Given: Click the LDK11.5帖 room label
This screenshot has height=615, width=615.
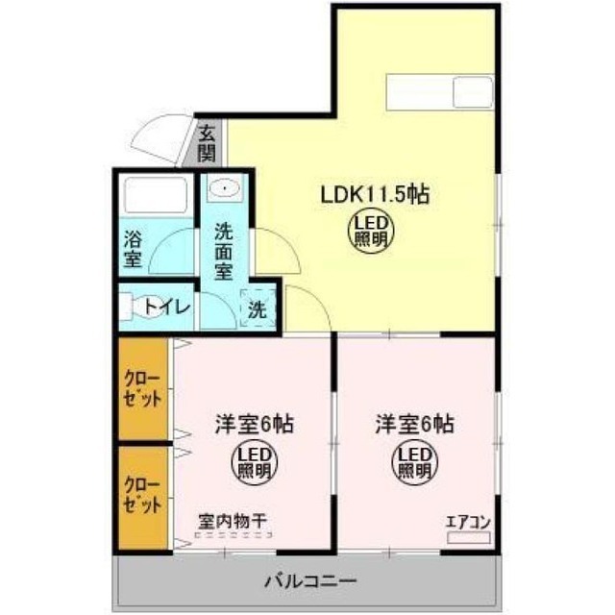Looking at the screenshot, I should click(373, 193).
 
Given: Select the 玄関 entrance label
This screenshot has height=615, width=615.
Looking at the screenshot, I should click(208, 143).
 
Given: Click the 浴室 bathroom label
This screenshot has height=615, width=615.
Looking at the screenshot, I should click(133, 247).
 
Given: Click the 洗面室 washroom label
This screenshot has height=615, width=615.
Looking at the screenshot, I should click(224, 251).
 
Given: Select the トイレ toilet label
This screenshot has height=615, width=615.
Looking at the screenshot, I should click(170, 307).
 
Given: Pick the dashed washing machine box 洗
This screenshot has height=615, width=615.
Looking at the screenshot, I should click(257, 309).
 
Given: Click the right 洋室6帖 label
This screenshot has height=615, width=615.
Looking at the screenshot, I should click(414, 423).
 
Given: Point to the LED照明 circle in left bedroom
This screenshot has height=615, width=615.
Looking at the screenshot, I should click(255, 464).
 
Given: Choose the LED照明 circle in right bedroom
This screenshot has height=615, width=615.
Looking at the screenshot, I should click(413, 464).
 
